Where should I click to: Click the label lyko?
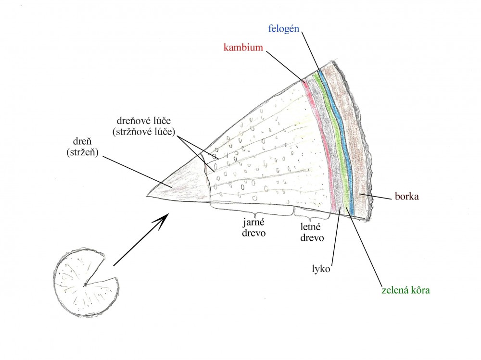point(320,268)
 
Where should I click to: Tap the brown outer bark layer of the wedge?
point(356,144)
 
